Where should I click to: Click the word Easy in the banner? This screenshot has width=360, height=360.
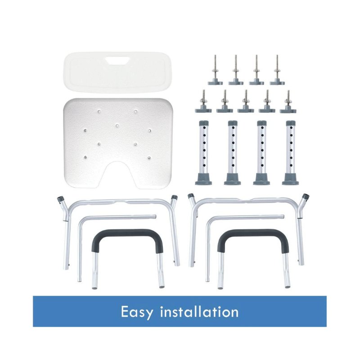137,312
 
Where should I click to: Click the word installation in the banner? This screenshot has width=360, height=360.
199,311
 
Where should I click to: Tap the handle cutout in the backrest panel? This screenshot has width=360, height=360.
117,60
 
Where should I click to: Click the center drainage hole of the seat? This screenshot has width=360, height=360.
117,126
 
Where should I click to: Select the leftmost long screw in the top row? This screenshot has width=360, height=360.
216,70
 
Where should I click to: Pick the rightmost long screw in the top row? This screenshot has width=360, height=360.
277,70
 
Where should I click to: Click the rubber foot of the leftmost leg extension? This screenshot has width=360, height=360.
203,179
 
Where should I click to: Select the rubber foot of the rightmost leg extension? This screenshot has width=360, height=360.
291,179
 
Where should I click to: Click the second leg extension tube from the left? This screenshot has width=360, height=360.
233,153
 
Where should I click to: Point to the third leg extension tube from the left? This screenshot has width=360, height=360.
262,153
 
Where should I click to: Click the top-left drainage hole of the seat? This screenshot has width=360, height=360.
99,112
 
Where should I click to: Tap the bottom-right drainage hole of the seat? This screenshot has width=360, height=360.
149,157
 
